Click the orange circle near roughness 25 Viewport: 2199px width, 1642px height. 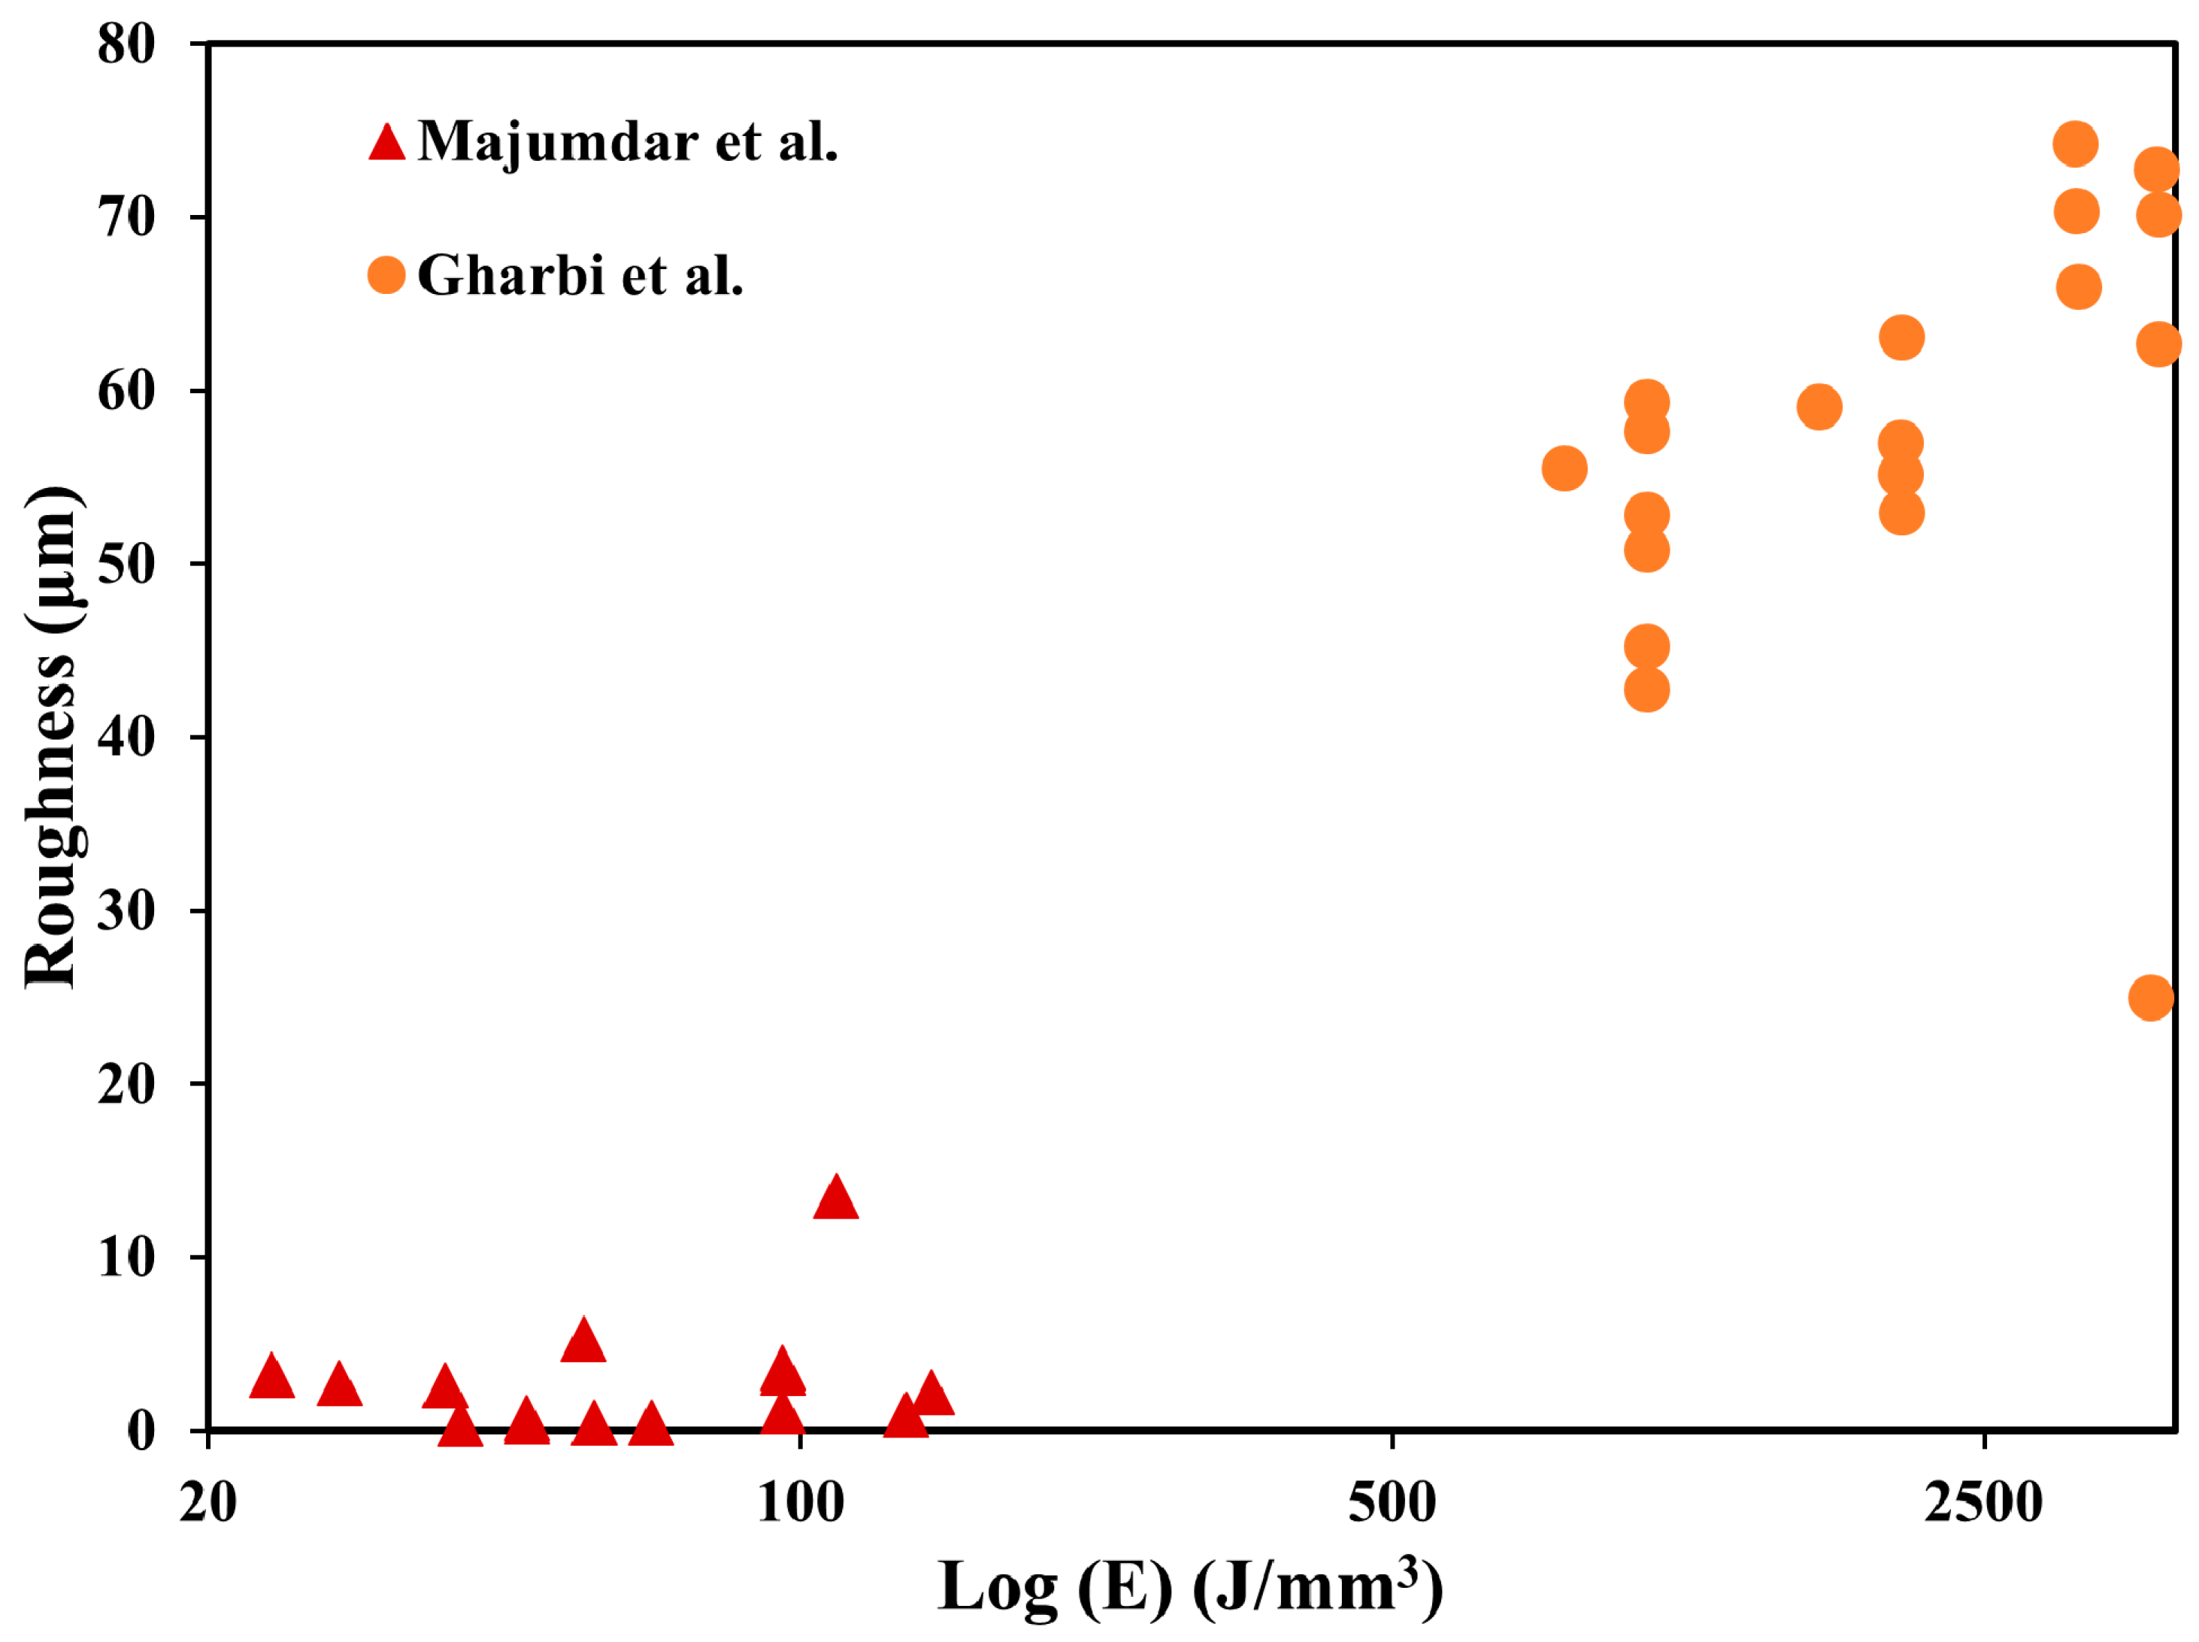pos(2150,998)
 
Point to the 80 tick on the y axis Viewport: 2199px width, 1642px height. pos(126,44)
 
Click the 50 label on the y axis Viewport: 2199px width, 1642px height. pos(126,564)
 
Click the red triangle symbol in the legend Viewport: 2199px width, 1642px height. pos(386,143)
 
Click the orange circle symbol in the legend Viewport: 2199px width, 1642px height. pos(386,275)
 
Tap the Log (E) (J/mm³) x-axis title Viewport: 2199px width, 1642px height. pos(1189,1587)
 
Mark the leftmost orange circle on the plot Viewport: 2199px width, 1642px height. pos(1564,468)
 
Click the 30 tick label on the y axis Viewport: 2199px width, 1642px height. pos(126,910)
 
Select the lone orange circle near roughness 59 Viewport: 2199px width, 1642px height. pos(1819,407)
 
